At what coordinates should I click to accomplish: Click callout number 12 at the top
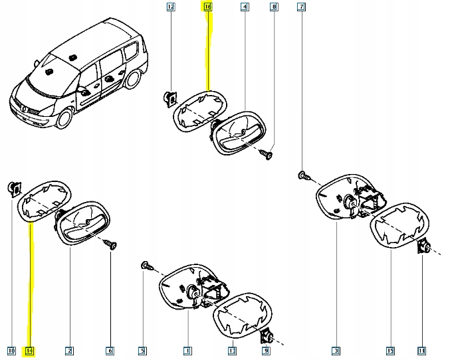tap(171, 7)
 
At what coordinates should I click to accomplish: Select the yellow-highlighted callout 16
tap(207, 7)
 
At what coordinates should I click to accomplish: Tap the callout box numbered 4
tap(245, 7)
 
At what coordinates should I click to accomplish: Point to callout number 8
tap(273, 7)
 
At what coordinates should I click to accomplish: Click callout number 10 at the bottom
tap(11, 350)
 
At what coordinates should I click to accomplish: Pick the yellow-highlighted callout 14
tap(29, 350)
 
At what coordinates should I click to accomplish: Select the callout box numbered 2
tap(69, 350)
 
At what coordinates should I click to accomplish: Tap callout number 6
tap(110, 350)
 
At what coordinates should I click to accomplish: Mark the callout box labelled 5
tap(142, 350)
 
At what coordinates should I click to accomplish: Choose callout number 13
tap(232, 350)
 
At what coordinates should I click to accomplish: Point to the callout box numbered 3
tap(336, 350)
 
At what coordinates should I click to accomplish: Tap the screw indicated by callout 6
tap(110, 246)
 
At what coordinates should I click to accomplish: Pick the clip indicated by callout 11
tap(422, 249)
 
